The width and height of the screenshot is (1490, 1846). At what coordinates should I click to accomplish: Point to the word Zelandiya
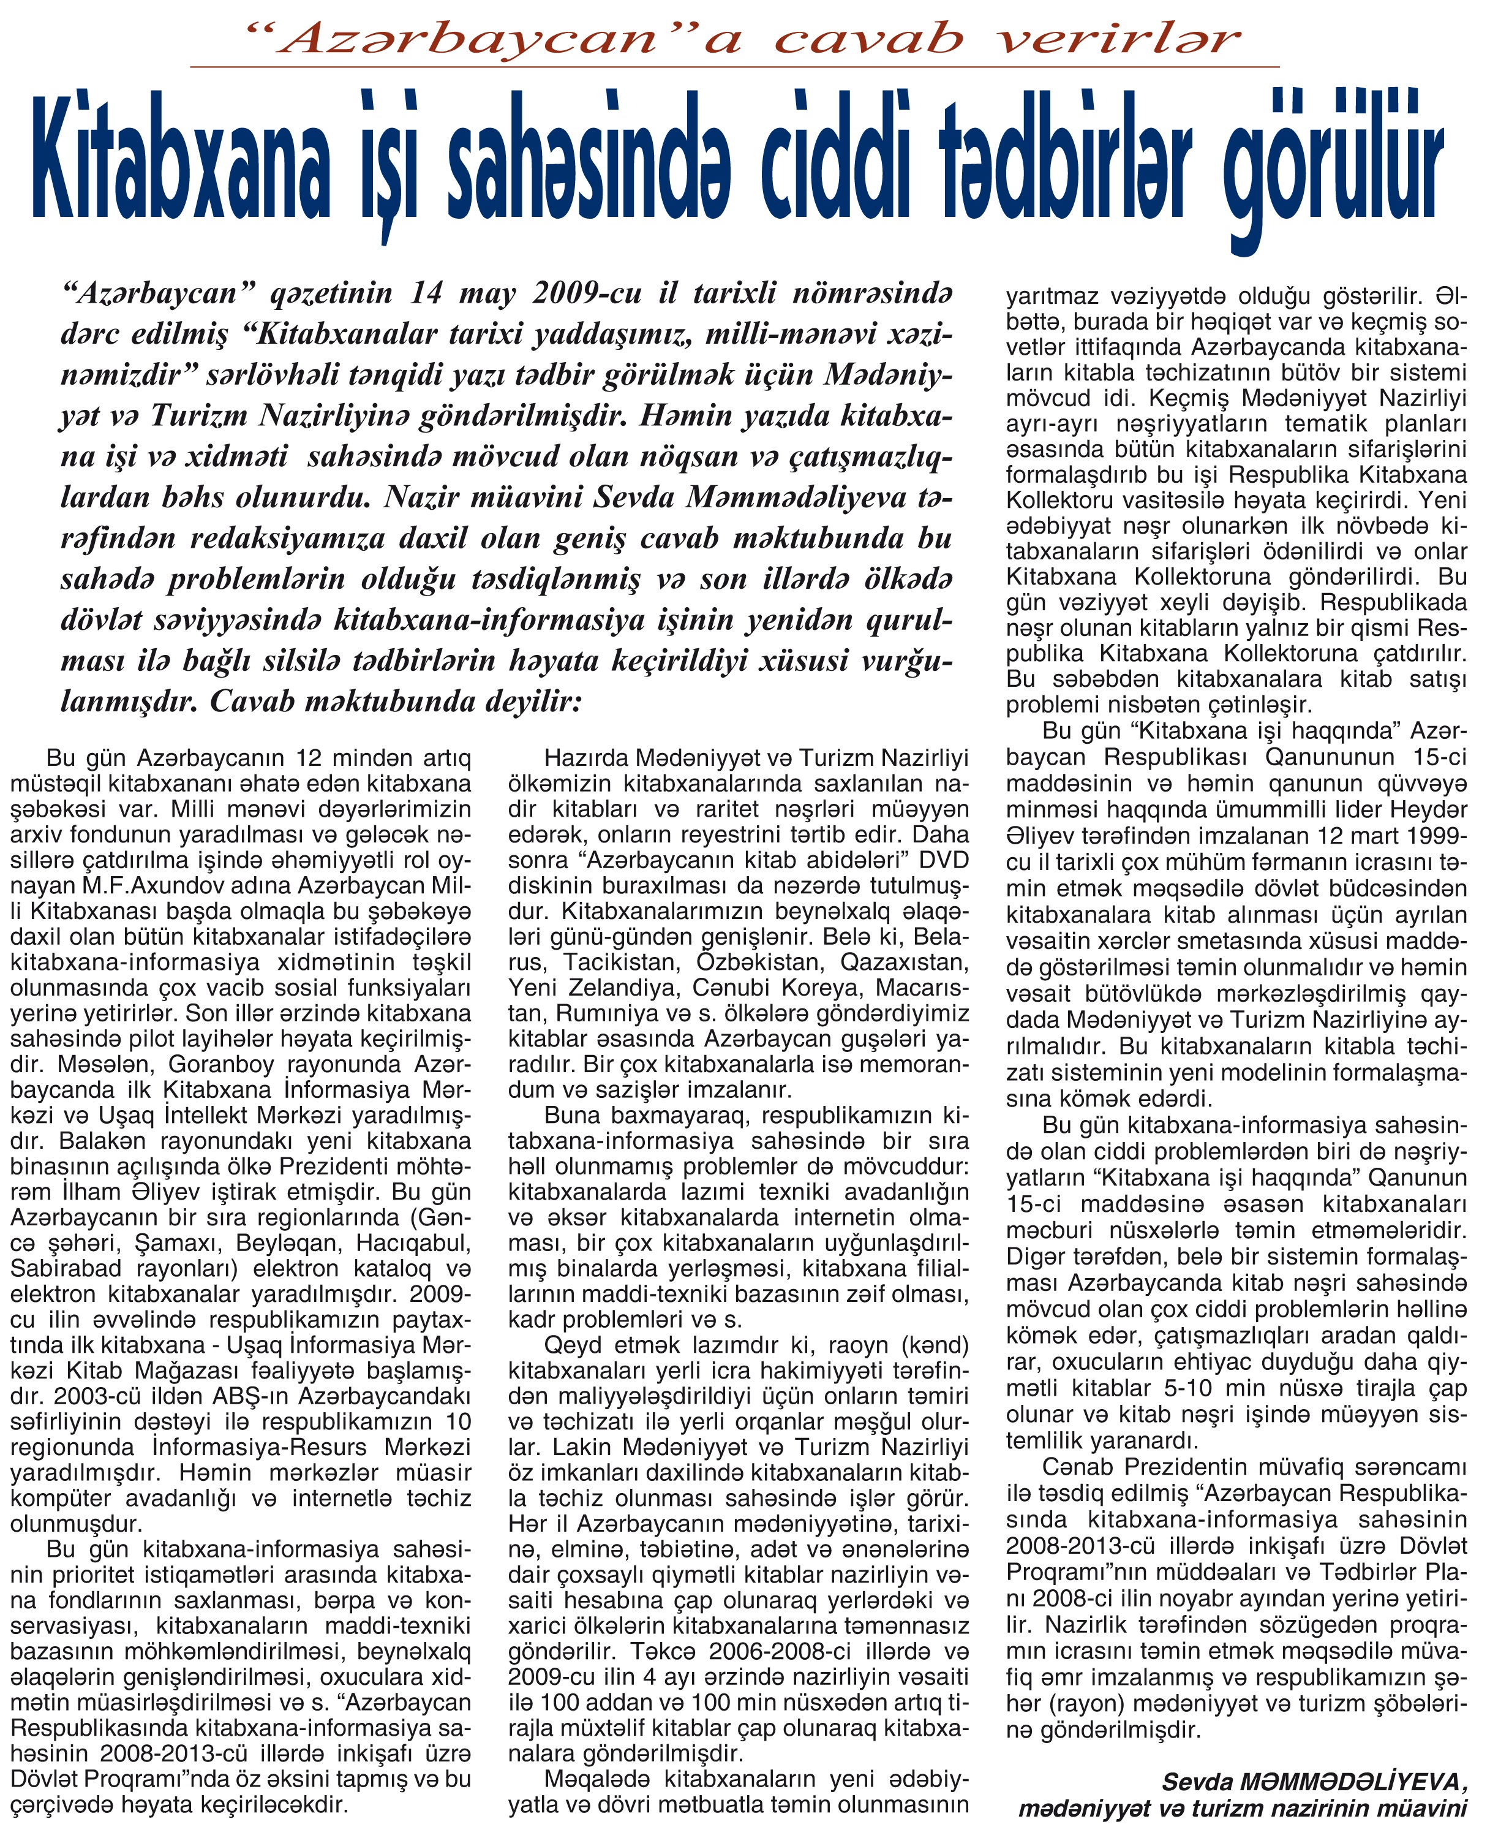[618, 988]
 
